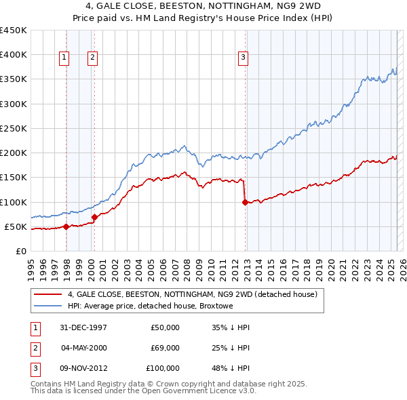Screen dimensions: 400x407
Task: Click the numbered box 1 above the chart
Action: click(x=64, y=58)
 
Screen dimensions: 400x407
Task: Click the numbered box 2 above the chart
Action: click(x=92, y=58)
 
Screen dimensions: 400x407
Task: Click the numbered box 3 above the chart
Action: click(x=243, y=58)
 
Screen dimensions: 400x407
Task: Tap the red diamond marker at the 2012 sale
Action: click(x=245, y=201)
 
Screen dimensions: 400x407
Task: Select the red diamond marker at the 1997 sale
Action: click(x=66, y=226)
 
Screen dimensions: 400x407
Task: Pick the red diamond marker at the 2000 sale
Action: click(x=94, y=217)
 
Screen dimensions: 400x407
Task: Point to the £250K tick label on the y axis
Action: click(x=13, y=128)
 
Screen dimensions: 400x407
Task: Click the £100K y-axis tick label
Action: click(x=13, y=202)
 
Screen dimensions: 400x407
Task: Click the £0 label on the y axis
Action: click(x=20, y=251)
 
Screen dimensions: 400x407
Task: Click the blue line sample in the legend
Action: click(x=47, y=306)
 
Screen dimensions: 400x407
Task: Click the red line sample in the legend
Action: click(x=47, y=295)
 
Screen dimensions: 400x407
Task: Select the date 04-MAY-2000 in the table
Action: click(x=84, y=348)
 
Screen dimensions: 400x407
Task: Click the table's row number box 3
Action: click(x=34, y=368)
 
